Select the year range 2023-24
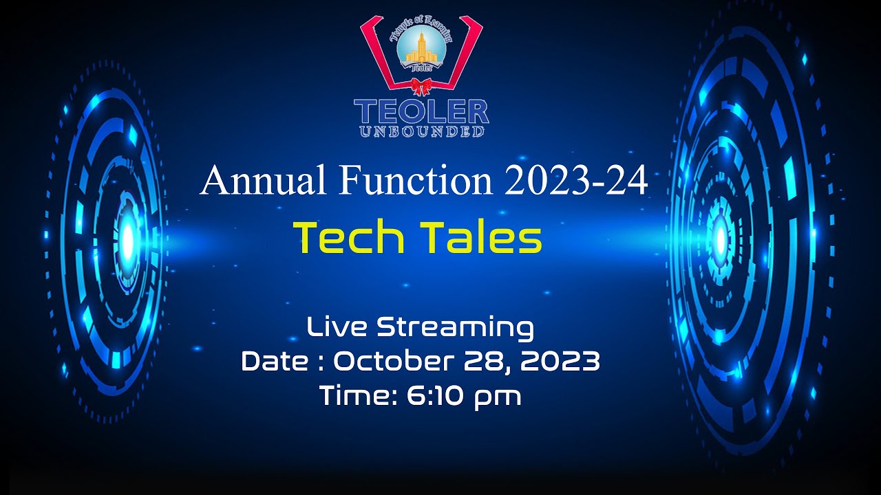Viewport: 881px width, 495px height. coord(575,181)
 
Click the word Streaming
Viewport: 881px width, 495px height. coord(455,329)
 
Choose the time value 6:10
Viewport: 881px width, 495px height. coord(429,395)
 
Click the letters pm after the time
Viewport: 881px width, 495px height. coord(496,397)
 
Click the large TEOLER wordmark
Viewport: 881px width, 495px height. coord(421,111)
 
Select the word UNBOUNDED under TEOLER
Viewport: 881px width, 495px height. coord(421,131)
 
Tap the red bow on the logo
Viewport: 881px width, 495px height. coord(421,86)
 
